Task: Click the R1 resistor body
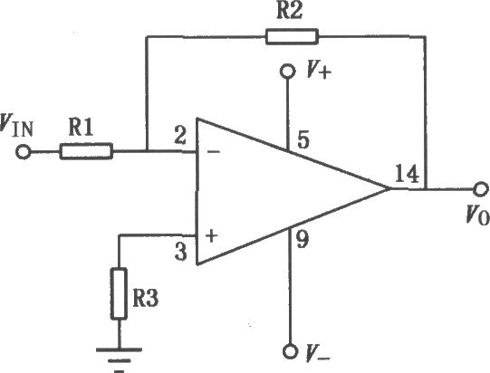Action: pyautogui.click(x=86, y=151)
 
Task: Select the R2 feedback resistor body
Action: pyautogui.click(x=292, y=36)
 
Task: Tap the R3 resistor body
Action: pyautogui.click(x=119, y=293)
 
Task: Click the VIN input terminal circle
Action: pyautogui.click(x=24, y=152)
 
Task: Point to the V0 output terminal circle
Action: pyautogui.click(x=481, y=189)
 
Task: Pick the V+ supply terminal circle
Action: pyautogui.click(x=287, y=72)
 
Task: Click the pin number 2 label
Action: pyautogui.click(x=180, y=136)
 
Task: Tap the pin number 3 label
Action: pyautogui.click(x=181, y=252)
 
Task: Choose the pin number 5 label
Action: pyautogui.click(x=303, y=139)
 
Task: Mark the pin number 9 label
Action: pyautogui.click(x=303, y=239)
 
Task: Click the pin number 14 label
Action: pyautogui.click(x=407, y=174)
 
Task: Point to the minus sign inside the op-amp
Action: pyautogui.click(x=214, y=152)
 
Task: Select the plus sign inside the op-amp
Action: pyautogui.click(x=212, y=236)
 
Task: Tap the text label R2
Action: pyautogui.click(x=290, y=11)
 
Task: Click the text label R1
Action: pyautogui.click(x=81, y=128)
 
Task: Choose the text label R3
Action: pyautogui.click(x=146, y=298)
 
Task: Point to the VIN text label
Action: pyautogui.click(x=16, y=126)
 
